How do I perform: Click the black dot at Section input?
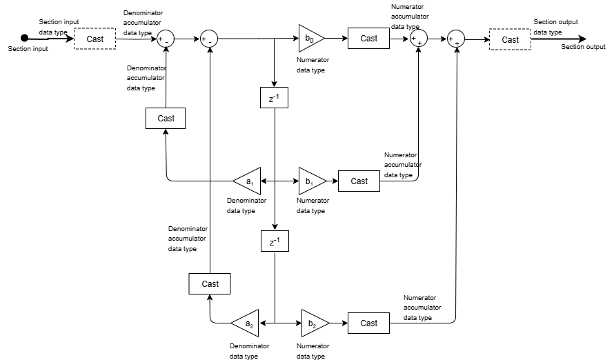pyautogui.click(x=24, y=38)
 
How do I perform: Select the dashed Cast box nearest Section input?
pyautogui.click(x=95, y=39)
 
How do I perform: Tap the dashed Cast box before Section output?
pyautogui.click(x=511, y=40)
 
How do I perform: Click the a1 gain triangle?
pyautogui.click(x=248, y=181)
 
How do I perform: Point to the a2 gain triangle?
pyautogui.click(x=244, y=323)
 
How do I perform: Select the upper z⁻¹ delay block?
pyautogui.click(x=274, y=99)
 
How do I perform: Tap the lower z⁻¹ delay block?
pyautogui.click(x=274, y=241)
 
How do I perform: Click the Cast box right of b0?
pyautogui.click(x=369, y=39)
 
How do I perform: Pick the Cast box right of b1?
pyautogui.click(x=359, y=181)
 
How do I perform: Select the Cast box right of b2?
pyautogui.click(x=369, y=323)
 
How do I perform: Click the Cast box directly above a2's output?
pyautogui.click(x=210, y=283)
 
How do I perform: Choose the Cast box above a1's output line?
pyautogui.click(x=166, y=118)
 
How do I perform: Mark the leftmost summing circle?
pyautogui.click(x=166, y=39)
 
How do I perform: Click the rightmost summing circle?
pyautogui.click(x=456, y=39)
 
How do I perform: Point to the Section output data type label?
pyautogui.click(x=555, y=27)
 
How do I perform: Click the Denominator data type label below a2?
pyautogui.click(x=249, y=350)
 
